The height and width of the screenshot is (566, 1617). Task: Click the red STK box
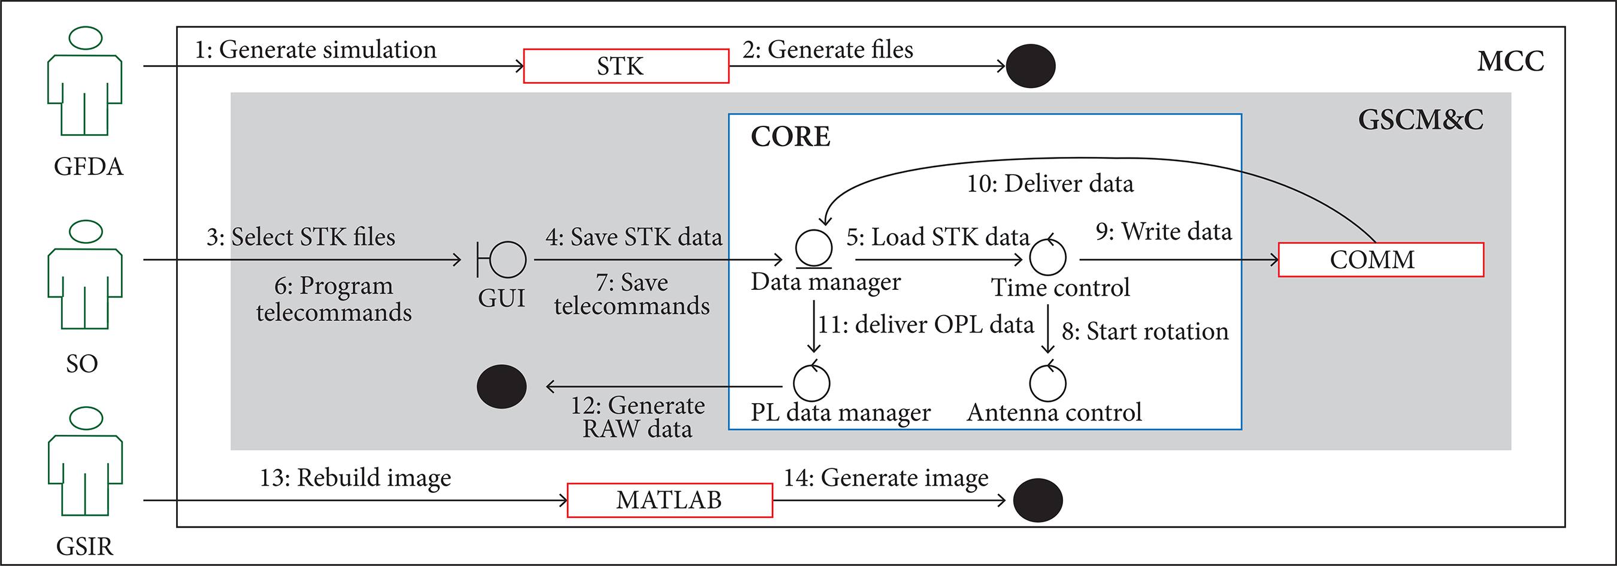(x=626, y=66)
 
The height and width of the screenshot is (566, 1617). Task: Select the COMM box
(x=1380, y=259)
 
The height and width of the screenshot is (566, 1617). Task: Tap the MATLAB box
(x=669, y=500)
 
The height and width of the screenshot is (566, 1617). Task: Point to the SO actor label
(x=82, y=364)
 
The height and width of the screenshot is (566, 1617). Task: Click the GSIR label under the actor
(x=84, y=547)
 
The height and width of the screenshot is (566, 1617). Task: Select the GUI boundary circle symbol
(x=506, y=259)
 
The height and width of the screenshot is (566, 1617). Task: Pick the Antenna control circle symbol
(x=1047, y=383)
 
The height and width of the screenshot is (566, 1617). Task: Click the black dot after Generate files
(x=1030, y=66)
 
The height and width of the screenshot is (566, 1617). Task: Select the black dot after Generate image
(x=1038, y=500)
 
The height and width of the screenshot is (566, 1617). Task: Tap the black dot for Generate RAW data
(x=501, y=386)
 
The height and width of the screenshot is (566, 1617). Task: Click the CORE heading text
(x=791, y=137)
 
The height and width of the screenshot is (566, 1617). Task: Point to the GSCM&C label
(x=1421, y=119)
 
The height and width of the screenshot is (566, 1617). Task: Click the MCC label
(x=1510, y=62)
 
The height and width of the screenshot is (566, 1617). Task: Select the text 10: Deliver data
(x=1050, y=184)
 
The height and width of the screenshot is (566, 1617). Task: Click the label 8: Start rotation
(x=1144, y=331)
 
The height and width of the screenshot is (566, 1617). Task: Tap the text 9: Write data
(x=1163, y=232)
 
